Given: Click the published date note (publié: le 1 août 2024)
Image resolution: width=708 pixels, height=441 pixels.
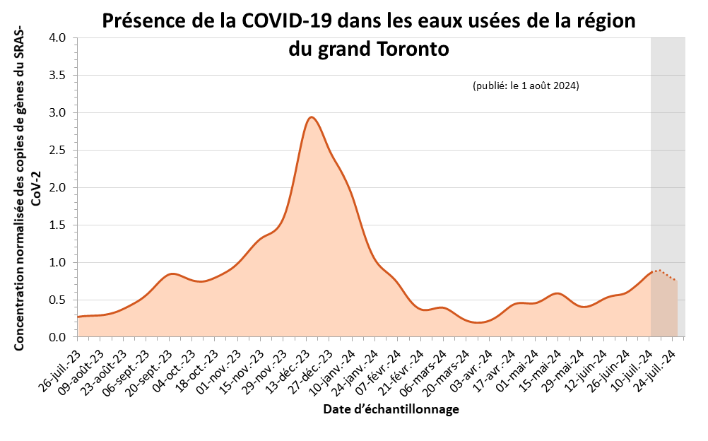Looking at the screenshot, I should [x=526, y=86].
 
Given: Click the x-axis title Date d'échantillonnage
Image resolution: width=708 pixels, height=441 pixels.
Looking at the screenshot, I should [x=391, y=409].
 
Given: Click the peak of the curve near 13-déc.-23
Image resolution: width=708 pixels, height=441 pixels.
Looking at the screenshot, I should [x=311, y=117].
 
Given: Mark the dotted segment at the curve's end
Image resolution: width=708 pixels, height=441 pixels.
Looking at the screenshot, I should [x=664, y=274].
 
